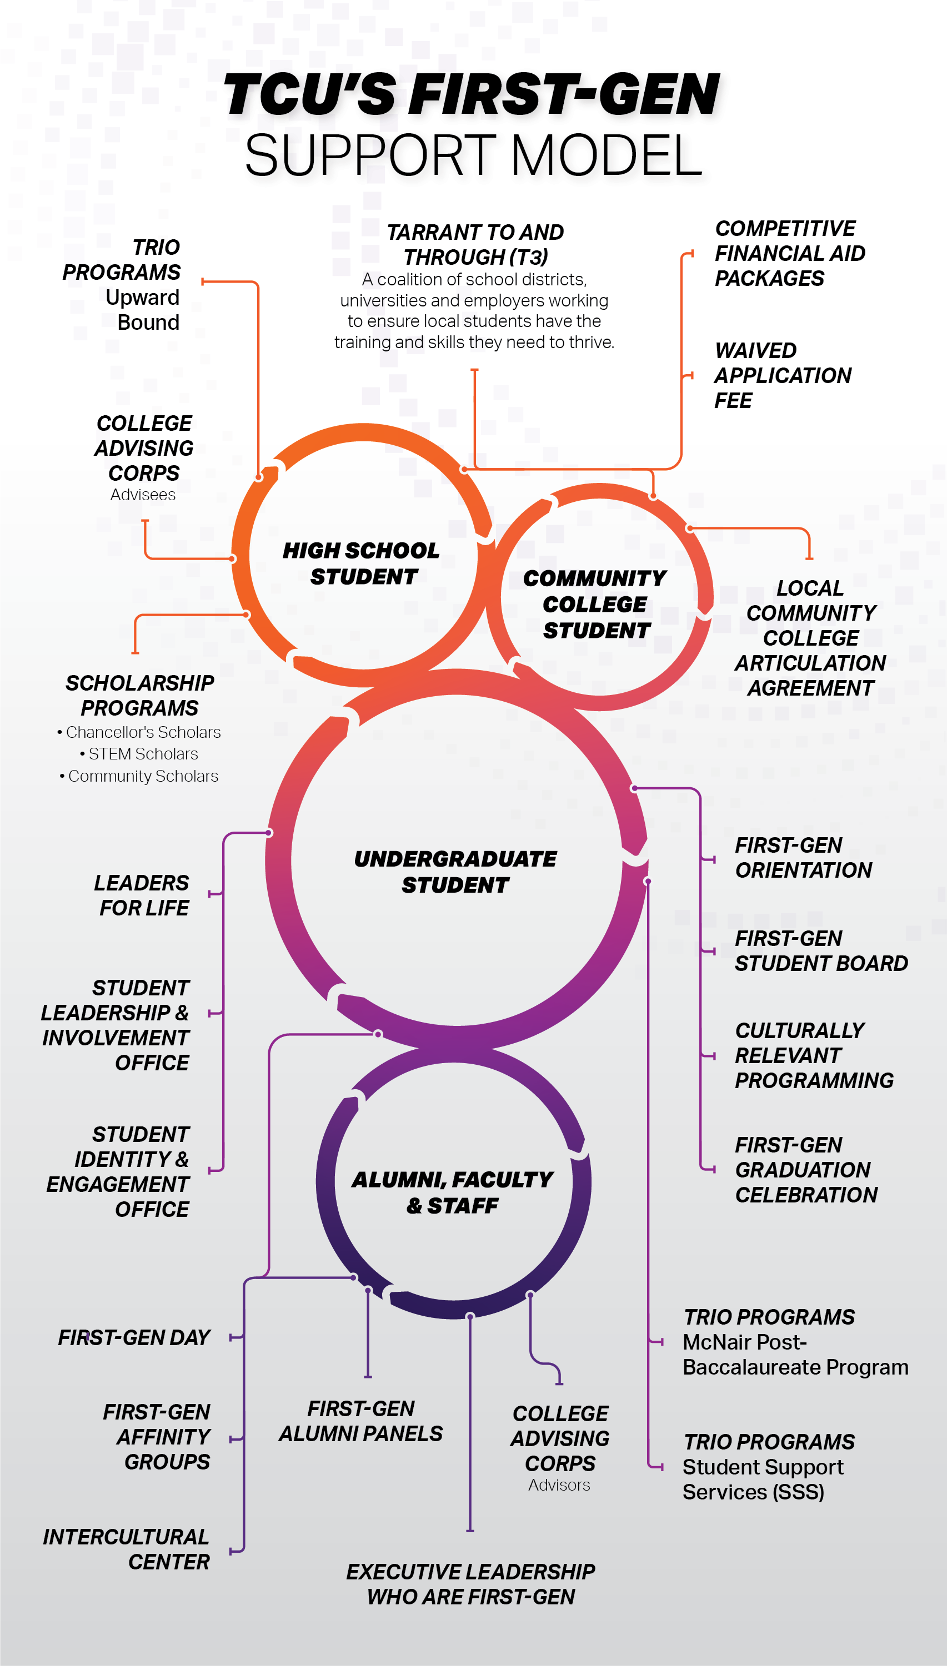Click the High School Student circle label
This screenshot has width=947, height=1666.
(x=362, y=563)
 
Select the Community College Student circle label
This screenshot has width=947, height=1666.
(x=595, y=604)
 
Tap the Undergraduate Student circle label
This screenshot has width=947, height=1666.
(x=455, y=872)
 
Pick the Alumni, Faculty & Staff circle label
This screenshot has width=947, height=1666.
(x=453, y=1192)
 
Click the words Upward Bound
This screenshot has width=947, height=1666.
(x=143, y=310)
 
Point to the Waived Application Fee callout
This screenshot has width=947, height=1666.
(x=782, y=375)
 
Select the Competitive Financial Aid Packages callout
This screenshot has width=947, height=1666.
(x=790, y=253)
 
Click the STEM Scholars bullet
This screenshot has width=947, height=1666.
(x=143, y=754)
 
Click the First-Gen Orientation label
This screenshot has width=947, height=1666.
(x=803, y=857)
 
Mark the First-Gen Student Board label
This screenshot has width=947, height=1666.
(x=821, y=951)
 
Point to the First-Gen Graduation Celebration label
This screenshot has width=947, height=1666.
(x=806, y=1170)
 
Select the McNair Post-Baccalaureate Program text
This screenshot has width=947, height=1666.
(x=795, y=1355)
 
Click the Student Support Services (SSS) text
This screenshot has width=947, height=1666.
(x=762, y=1479)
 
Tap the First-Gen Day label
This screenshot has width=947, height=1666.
(x=134, y=1338)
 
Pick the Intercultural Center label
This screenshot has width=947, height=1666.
(x=127, y=1549)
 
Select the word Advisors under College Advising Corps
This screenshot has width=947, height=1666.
(x=559, y=1484)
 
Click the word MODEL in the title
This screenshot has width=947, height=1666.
(x=606, y=156)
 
